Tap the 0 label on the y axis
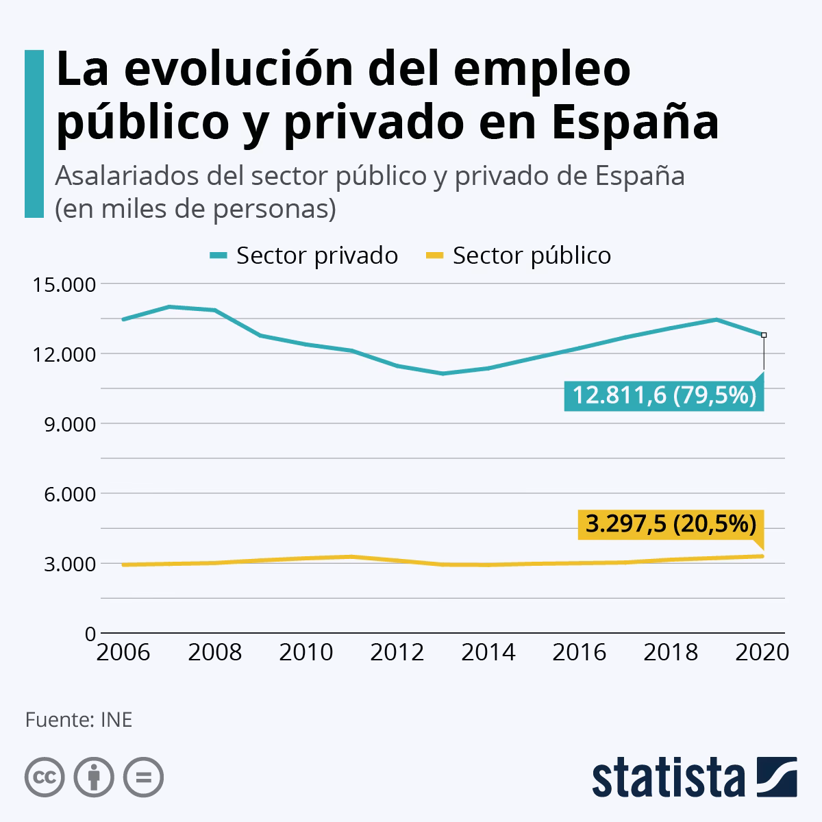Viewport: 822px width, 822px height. [x=90, y=634]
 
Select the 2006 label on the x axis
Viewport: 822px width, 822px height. [x=123, y=652]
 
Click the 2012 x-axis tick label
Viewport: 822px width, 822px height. [x=397, y=652]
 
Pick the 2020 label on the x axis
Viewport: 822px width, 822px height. [x=762, y=652]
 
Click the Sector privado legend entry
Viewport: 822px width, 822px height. [x=304, y=256]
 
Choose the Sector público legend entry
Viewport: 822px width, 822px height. [x=519, y=256]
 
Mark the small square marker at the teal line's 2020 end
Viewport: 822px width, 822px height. [x=764, y=335]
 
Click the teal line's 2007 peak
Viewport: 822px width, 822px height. [x=169, y=307]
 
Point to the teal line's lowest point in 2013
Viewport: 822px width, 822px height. [x=443, y=373]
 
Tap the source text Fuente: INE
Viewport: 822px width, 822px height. [x=79, y=720]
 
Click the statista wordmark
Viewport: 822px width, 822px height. [x=669, y=777]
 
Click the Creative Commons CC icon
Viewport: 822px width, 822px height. [x=45, y=777]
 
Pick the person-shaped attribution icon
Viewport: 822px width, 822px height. [x=94, y=777]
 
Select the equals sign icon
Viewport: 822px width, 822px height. [x=143, y=777]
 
